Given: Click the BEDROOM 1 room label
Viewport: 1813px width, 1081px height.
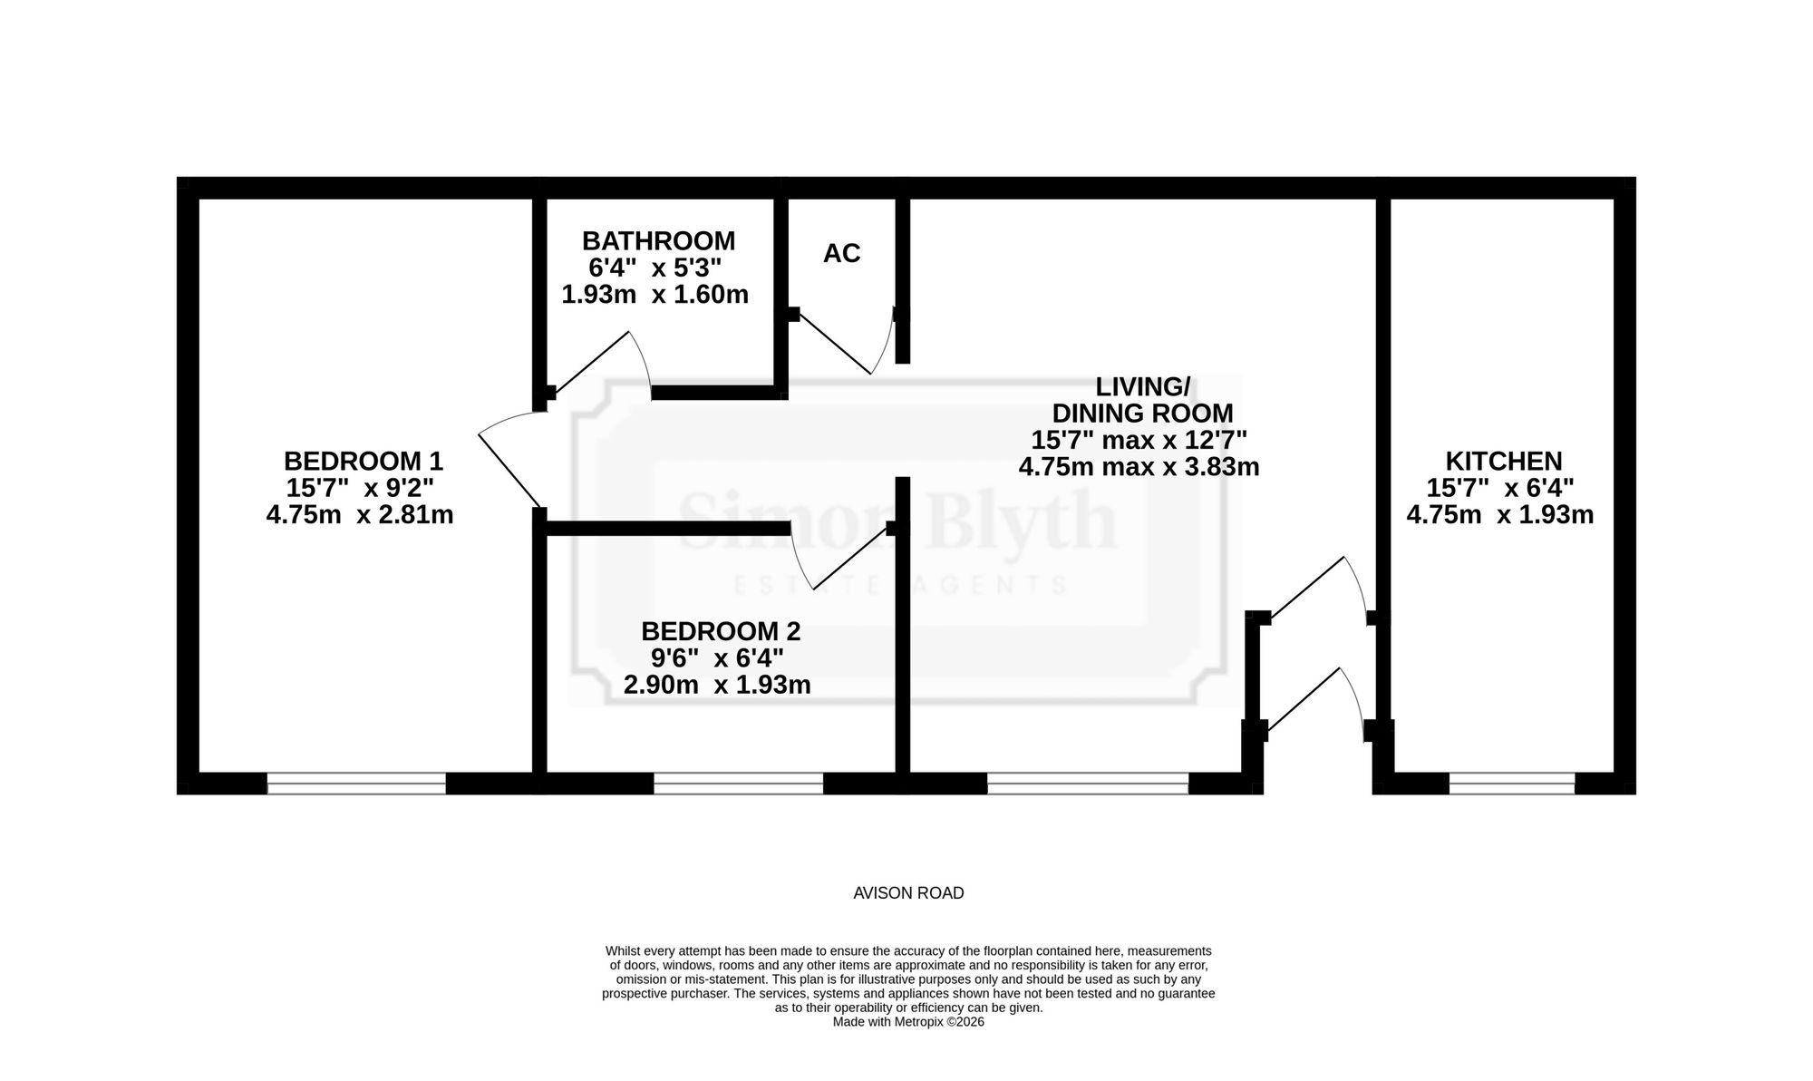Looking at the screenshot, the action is pyautogui.click(x=364, y=461).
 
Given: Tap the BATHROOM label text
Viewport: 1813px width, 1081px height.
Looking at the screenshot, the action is pyautogui.click(x=658, y=241).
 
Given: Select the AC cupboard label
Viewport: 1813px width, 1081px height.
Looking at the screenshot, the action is pyautogui.click(x=841, y=254).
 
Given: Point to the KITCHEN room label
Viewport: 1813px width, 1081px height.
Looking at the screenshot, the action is pyautogui.click(x=1503, y=461).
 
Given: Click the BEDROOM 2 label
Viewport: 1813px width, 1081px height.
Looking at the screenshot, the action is pyautogui.click(x=721, y=630).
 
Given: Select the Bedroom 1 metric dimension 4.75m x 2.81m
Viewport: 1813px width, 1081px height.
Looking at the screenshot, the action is pyautogui.click(x=360, y=515).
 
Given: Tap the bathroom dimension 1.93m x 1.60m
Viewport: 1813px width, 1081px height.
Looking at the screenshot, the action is pyautogui.click(x=655, y=295).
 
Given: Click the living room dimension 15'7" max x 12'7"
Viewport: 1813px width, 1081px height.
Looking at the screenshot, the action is pyautogui.click(x=1139, y=440).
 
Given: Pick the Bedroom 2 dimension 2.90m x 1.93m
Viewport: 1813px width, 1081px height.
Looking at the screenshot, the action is pyautogui.click(x=717, y=685).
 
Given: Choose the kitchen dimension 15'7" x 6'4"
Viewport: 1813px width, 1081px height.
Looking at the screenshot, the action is pyautogui.click(x=1500, y=488).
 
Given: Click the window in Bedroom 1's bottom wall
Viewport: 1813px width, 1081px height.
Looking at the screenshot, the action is pyautogui.click(x=356, y=784).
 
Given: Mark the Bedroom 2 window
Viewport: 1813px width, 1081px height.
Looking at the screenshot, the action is pyautogui.click(x=738, y=784).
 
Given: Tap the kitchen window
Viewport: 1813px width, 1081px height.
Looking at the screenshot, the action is pyautogui.click(x=1512, y=784).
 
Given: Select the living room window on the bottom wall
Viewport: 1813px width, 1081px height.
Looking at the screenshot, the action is pyautogui.click(x=1088, y=784).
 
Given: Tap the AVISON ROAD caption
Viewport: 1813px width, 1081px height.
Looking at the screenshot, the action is pyautogui.click(x=908, y=893).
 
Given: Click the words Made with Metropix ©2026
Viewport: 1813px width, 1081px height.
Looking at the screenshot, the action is pyautogui.click(x=908, y=1021).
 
